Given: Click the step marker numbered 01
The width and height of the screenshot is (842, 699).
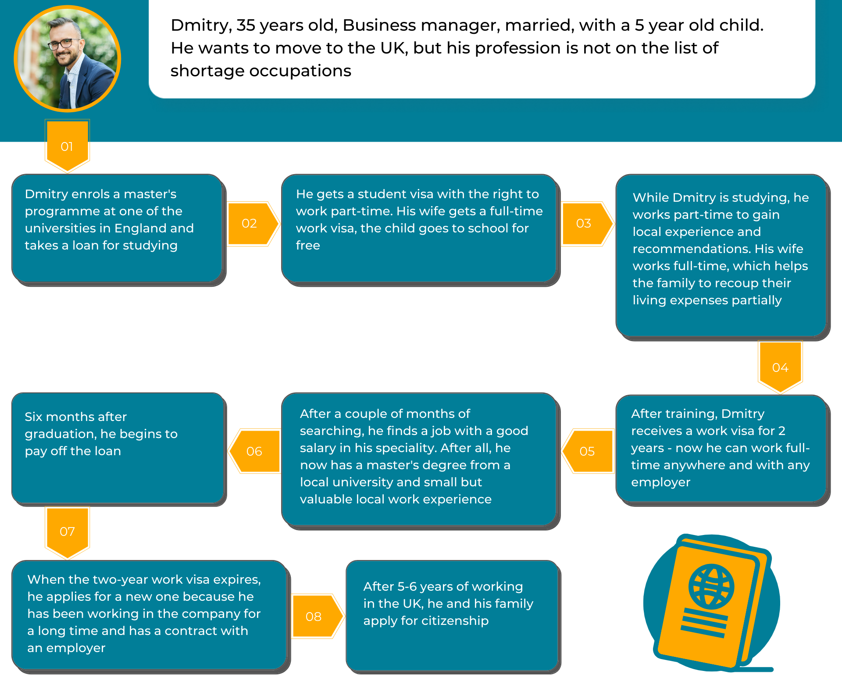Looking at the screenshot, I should (67, 146).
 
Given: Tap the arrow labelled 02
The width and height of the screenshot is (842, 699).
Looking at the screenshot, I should (250, 224).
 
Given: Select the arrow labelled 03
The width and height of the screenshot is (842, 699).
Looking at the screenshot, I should (584, 224).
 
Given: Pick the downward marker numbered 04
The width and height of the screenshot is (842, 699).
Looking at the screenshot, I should (780, 367).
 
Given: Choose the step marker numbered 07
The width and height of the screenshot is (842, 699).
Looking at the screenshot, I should (67, 531).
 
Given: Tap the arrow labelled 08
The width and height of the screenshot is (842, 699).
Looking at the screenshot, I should (314, 617).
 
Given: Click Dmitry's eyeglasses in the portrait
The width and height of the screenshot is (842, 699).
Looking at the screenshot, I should (66, 43).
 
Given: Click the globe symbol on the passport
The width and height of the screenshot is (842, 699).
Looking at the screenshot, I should (711, 586).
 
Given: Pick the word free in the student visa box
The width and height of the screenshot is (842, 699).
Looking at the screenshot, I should (308, 246).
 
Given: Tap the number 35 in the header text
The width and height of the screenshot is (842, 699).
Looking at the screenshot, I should (246, 25).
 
